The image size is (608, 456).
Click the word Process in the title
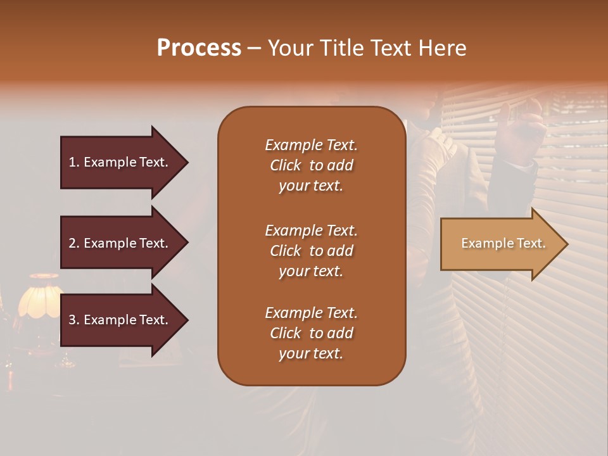(x=199, y=48)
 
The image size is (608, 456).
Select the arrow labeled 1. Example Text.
(x=120, y=162)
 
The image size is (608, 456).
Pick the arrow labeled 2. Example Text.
(x=120, y=243)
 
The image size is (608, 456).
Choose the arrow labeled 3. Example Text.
(x=120, y=320)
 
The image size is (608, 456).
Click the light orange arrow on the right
(x=500, y=244)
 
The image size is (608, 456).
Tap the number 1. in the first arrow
(x=74, y=162)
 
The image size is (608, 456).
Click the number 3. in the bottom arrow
(x=74, y=320)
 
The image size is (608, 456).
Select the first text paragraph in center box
(x=311, y=165)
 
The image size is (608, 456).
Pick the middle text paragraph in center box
(x=311, y=251)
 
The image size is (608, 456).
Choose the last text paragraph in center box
(x=311, y=333)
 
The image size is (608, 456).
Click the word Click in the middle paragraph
(x=285, y=251)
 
